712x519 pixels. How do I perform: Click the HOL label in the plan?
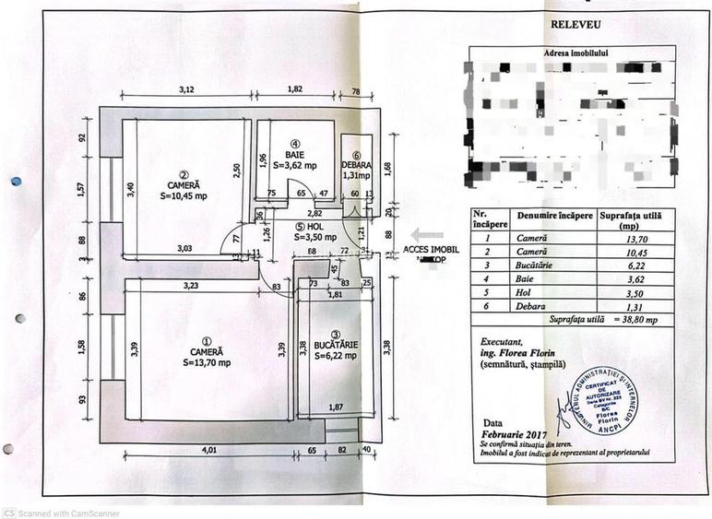tap(314, 225)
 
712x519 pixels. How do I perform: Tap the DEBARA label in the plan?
tap(357, 165)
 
